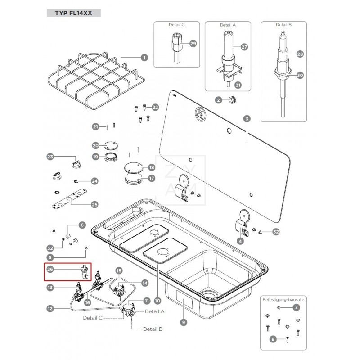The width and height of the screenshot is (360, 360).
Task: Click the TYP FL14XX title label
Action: (x=73, y=13)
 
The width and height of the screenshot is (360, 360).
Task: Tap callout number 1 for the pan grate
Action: (x=144, y=58)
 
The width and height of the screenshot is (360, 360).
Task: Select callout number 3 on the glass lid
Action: (x=246, y=119)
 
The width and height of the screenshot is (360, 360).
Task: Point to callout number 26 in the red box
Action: (x=50, y=270)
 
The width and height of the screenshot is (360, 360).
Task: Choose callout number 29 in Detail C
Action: (x=193, y=44)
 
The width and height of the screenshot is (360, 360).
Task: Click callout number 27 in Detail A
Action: (x=244, y=47)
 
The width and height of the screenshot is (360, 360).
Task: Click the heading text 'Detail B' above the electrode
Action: (x=284, y=25)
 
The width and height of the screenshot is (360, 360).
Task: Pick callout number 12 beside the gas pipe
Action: (x=50, y=309)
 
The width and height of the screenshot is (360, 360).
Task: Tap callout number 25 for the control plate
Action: (x=94, y=205)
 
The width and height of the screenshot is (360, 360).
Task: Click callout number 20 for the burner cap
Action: (x=95, y=146)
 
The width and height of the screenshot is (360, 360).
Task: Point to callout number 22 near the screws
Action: (x=155, y=107)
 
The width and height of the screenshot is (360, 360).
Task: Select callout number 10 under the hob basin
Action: (x=157, y=300)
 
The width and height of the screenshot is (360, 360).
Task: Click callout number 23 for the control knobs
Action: (x=50, y=157)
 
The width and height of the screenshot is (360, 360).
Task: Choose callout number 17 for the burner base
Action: (x=151, y=178)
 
